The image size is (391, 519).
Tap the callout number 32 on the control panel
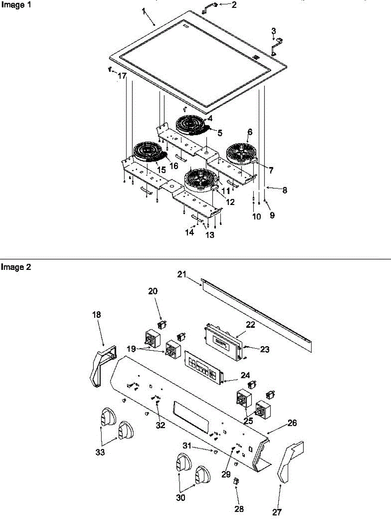click(x=160, y=425)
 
